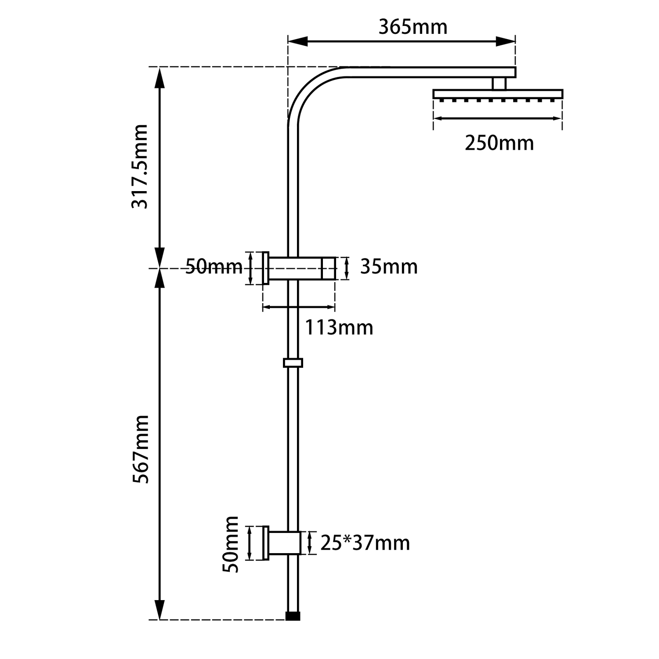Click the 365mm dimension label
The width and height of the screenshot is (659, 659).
pos(413,27)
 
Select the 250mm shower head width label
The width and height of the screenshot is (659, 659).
pos(499,143)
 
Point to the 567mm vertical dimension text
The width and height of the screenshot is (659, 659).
pos(141,449)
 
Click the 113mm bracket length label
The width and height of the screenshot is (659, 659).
pos(339,327)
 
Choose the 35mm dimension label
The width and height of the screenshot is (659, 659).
pos(388,267)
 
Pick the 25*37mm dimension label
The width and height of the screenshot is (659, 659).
pos(365,543)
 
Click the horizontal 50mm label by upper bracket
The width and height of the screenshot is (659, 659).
pos(214,267)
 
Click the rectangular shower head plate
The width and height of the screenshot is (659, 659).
pos(497,94)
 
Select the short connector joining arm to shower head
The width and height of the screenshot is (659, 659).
pos(499,84)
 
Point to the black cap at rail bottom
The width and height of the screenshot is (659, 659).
pos(293,616)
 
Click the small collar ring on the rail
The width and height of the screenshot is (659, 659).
pos(293,363)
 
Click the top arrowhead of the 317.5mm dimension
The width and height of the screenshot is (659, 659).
pos(159,77)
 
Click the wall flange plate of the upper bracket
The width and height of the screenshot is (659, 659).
pos(265,268)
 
